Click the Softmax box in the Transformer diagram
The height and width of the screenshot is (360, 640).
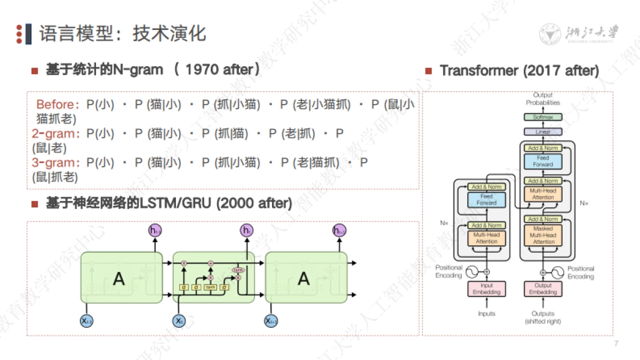tap(543, 117)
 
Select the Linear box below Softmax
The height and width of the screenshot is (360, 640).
tap(543, 132)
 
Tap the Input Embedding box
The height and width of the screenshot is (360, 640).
tap(486, 289)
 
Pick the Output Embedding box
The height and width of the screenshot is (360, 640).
tap(543, 289)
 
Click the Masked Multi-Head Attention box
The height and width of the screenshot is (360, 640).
tap(543, 235)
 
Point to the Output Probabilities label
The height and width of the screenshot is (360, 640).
tap(543, 99)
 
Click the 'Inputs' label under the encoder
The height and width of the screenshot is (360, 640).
tap(486, 314)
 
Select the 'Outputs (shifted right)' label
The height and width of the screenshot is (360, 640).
tap(543, 317)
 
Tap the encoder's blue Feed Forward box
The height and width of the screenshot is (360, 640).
tap(486, 199)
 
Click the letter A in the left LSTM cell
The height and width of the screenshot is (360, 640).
tap(119, 278)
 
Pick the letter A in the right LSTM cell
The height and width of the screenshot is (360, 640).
tap(303, 278)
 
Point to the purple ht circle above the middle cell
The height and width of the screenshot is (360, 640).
tap(246, 230)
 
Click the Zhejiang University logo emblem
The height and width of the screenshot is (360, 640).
tap(549, 34)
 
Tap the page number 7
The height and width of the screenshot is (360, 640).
tap(616, 343)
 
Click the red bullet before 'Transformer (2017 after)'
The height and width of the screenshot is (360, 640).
tap(428, 71)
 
